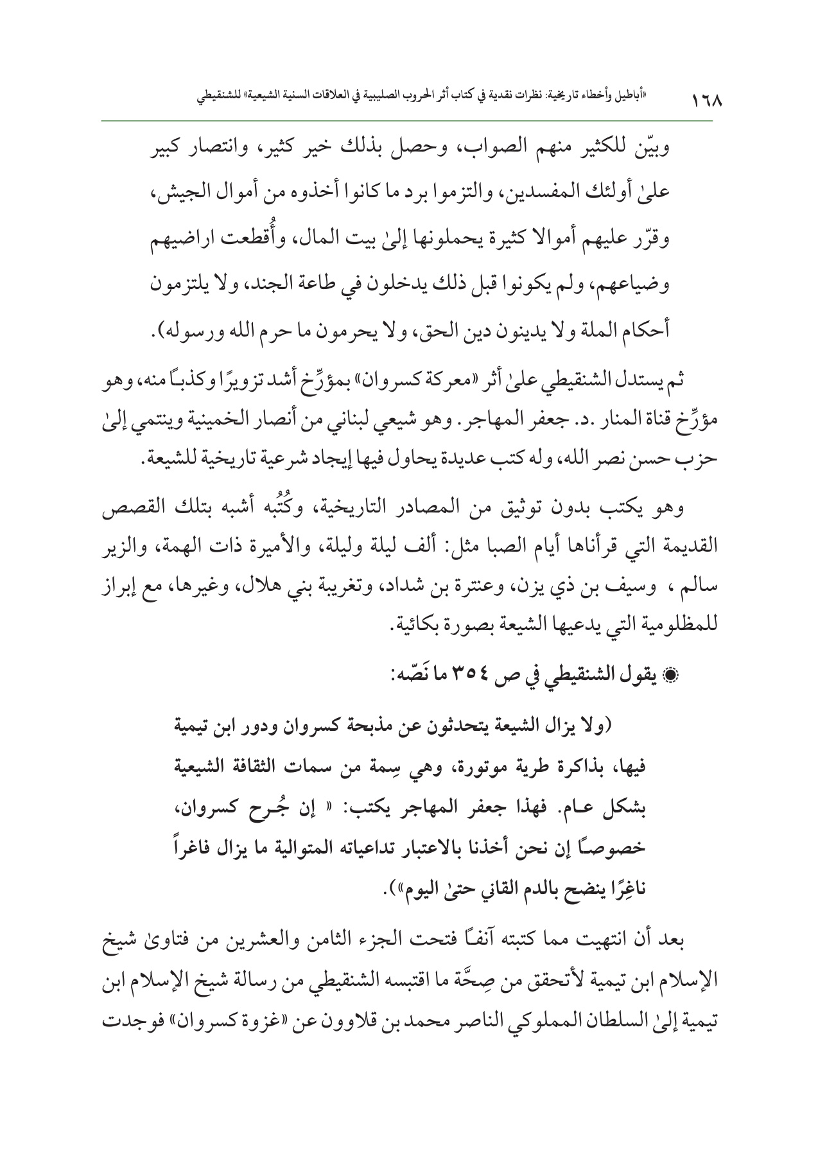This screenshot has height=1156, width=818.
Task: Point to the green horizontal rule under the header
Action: click(408, 120)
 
